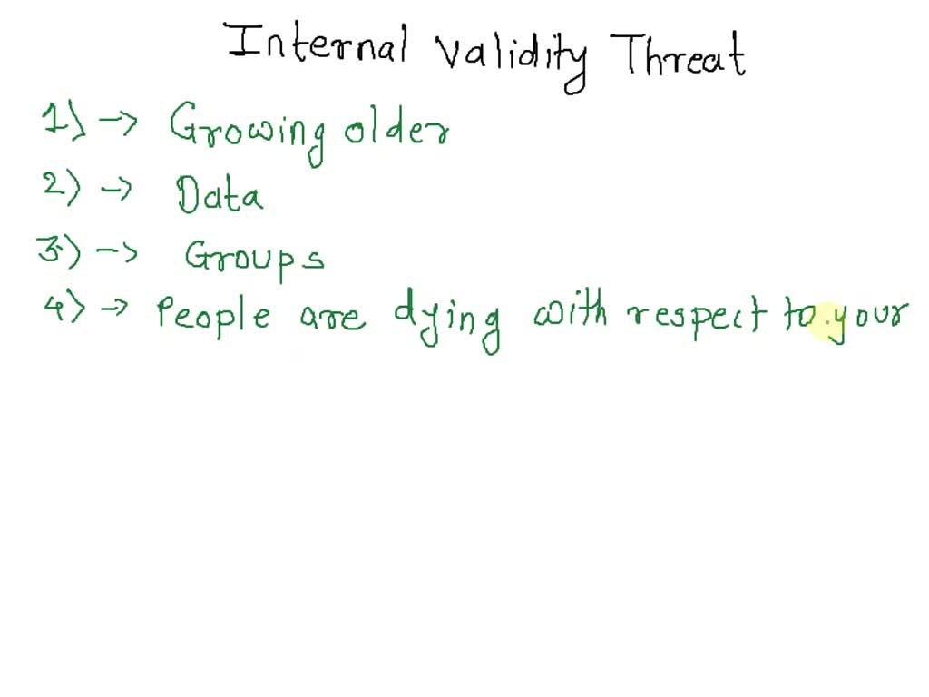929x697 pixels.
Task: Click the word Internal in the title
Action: [x=318, y=46]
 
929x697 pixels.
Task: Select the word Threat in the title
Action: [x=683, y=53]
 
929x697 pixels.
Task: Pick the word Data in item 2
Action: [x=220, y=195]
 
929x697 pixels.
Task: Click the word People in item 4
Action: [x=213, y=314]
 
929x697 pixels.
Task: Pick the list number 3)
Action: [x=60, y=249]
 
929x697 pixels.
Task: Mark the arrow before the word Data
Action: [x=115, y=190]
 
